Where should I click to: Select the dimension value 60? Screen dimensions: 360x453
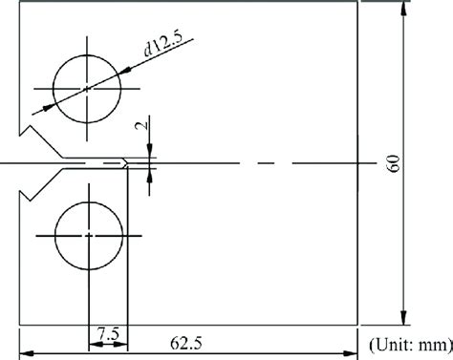click(393, 162)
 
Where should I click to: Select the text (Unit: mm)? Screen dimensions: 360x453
click(408, 339)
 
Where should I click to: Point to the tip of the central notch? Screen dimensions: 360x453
click(127, 163)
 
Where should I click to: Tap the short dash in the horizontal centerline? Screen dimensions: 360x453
click(267, 163)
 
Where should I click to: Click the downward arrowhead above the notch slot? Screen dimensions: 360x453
click(149, 153)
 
